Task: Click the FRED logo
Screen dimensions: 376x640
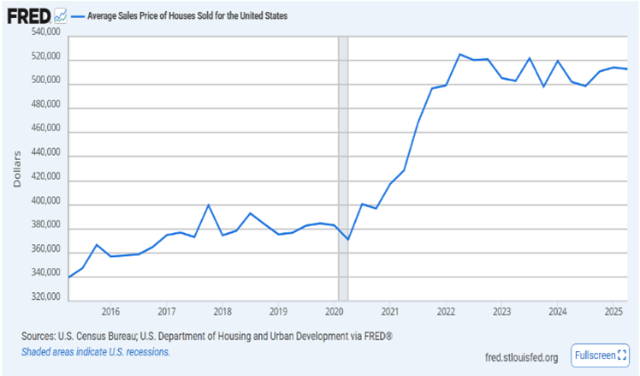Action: pyautogui.click(x=28, y=16)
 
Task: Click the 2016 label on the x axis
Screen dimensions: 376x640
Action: pyautogui.click(x=110, y=311)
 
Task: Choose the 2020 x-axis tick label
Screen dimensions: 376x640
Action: pyautogui.click(x=335, y=311)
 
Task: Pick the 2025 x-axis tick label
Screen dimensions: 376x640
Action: pyautogui.click(x=613, y=311)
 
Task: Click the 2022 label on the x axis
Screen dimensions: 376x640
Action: pyautogui.click(x=446, y=311)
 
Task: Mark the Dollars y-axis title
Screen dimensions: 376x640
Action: pyautogui.click(x=17, y=166)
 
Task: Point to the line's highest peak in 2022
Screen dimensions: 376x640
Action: pyautogui.click(x=459, y=54)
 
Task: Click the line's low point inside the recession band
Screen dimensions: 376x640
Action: pyautogui.click(x=348, y=239)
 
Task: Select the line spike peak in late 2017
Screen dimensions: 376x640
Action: pyautogui.click(x=208, y=205)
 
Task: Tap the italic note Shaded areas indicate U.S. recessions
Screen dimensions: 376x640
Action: pyautogui.click(x=96, y=352)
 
